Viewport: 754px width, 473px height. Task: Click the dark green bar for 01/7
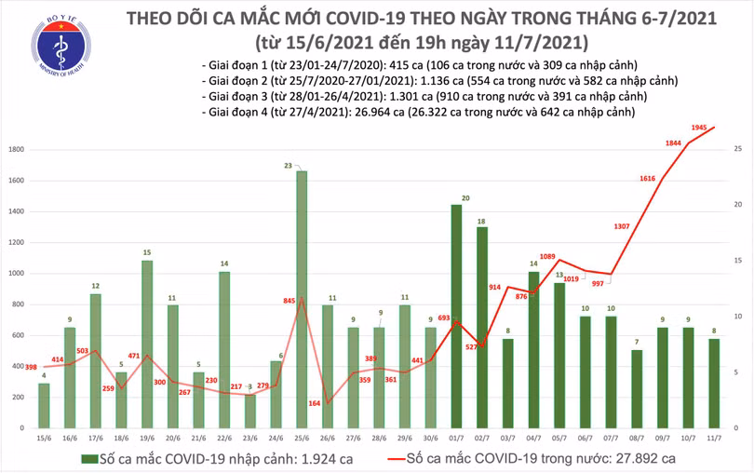coord(456,318)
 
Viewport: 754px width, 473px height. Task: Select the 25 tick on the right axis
coord(737,149)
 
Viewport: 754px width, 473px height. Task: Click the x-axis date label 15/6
coord(44,439)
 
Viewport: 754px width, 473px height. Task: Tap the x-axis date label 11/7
coord(714,439)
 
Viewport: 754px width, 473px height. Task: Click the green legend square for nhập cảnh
coord(88,459)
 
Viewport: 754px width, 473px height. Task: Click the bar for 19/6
coord(147,345)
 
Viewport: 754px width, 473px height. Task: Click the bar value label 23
coord(302,165)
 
